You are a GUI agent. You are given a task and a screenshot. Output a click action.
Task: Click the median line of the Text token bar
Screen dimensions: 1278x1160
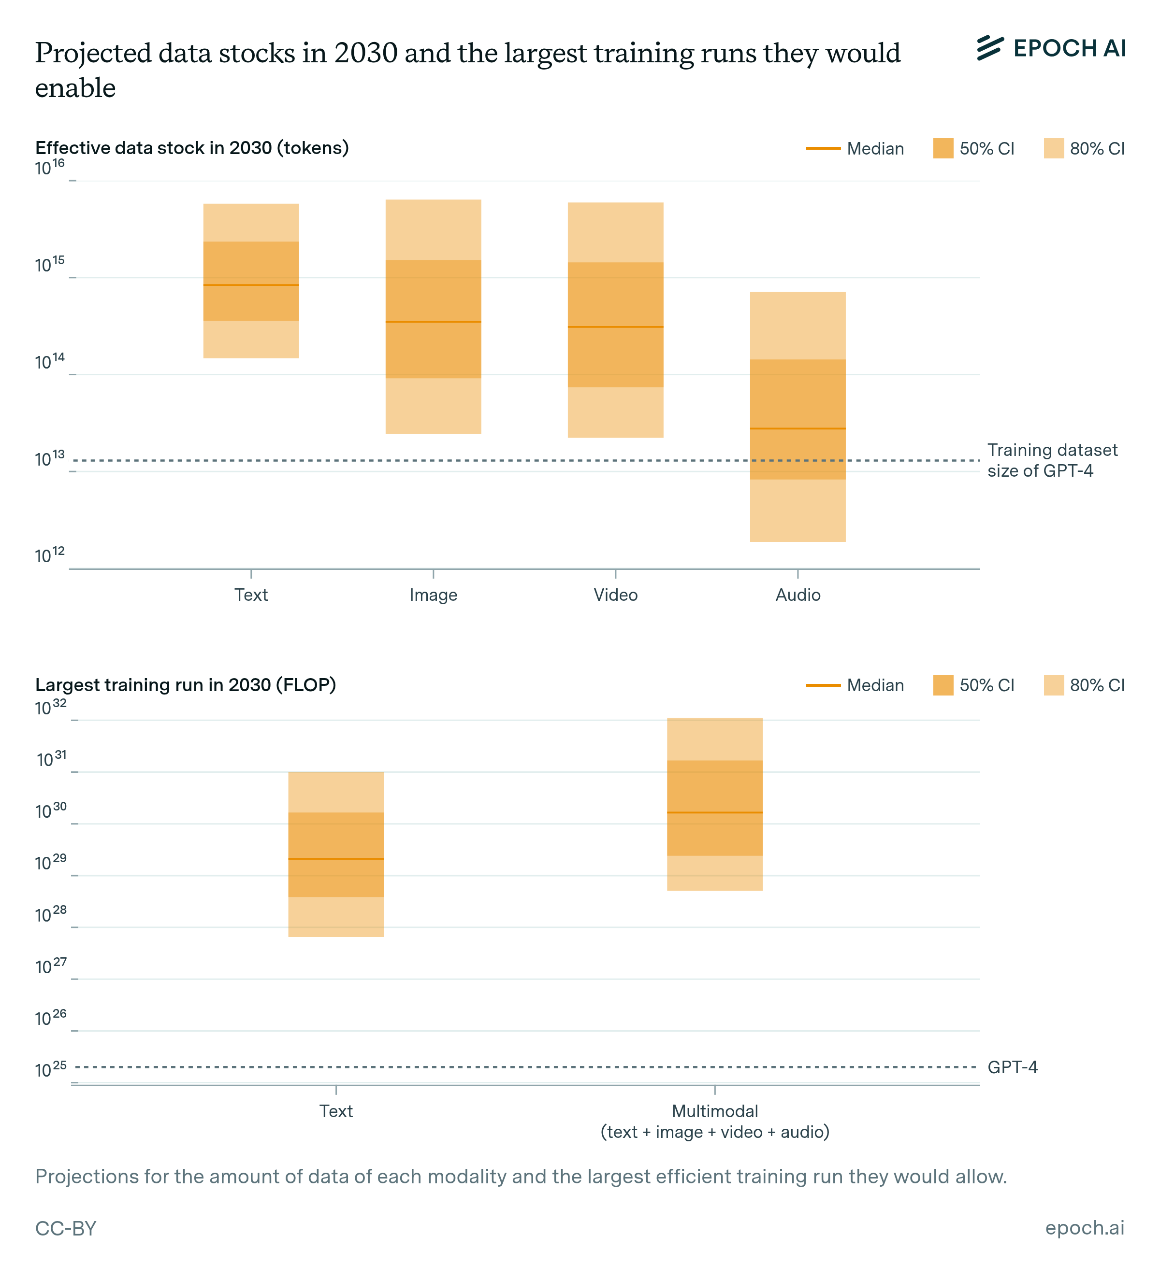251,285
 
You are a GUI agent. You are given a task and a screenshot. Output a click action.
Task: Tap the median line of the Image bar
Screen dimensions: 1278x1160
433,322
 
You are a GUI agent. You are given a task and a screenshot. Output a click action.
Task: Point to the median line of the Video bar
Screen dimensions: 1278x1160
615,327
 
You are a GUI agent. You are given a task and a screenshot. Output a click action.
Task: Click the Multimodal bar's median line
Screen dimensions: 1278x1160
715,813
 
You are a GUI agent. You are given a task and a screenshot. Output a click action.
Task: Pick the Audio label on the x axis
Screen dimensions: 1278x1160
798,595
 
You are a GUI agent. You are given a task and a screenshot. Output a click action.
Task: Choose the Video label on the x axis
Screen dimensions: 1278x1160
615,595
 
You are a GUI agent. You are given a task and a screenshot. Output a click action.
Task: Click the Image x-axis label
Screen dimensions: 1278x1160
433,595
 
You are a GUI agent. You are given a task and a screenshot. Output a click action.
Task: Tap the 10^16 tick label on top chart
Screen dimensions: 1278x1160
49,167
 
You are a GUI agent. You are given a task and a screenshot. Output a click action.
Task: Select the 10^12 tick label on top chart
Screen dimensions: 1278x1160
49,555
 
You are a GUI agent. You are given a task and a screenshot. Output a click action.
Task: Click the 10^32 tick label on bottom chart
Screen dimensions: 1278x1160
50,708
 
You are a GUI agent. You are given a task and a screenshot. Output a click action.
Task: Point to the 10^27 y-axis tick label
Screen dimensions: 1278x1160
50,966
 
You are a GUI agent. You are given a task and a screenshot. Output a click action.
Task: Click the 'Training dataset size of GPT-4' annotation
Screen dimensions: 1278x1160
1052,460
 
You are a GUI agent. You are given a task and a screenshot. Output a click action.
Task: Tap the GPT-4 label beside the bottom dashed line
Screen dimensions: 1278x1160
1012,1067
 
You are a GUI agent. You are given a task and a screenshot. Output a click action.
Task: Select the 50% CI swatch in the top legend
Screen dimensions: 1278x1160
943,148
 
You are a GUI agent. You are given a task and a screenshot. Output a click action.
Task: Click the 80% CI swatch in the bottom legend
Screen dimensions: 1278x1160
1054,685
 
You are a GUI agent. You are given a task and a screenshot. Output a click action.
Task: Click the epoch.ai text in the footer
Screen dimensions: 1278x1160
1085,1228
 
